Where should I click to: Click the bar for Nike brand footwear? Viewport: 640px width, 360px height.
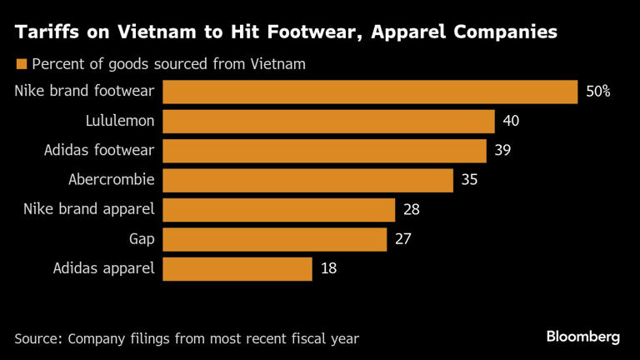[370, 92]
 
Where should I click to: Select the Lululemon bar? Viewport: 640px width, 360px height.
[328, 121]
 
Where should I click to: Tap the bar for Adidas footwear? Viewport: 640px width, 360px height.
[324, 151]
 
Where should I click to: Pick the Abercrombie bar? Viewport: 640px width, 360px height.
[307, 180]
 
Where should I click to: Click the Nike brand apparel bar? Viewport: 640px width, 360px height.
[278, 209]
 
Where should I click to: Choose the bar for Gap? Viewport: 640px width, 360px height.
[274, 239]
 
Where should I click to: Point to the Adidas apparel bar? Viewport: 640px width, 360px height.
[237, 268]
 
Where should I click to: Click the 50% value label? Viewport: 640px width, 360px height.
[598, 92]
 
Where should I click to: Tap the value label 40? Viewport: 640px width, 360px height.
[511, 122]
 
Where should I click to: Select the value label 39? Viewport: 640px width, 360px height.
[502, 151]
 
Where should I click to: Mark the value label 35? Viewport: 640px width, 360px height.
[469, 180]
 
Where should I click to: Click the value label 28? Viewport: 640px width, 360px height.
[411, 209]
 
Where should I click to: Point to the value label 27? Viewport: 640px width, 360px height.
[402, 239]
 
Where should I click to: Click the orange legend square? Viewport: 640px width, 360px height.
[21, 64]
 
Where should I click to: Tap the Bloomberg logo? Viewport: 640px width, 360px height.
[583, 337]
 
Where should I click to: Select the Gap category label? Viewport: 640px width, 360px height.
[142, 239]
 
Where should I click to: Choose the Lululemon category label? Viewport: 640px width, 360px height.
[120, 122]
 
